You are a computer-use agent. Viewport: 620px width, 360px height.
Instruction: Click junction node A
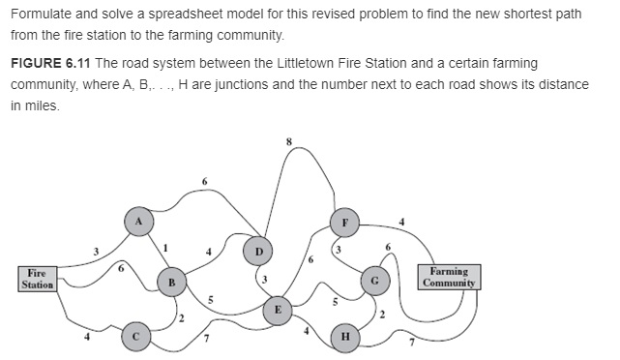(x=138, y=221)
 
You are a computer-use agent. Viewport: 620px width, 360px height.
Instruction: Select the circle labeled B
(x=171, y=282)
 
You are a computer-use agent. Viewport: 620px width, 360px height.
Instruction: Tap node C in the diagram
(x=136, y=337)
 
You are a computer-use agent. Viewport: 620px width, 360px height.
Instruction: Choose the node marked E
(x=279, y=310)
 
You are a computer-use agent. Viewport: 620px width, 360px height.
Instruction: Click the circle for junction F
(x=342, y=221)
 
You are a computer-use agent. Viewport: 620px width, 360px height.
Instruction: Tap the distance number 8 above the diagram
(x=288, y=142)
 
